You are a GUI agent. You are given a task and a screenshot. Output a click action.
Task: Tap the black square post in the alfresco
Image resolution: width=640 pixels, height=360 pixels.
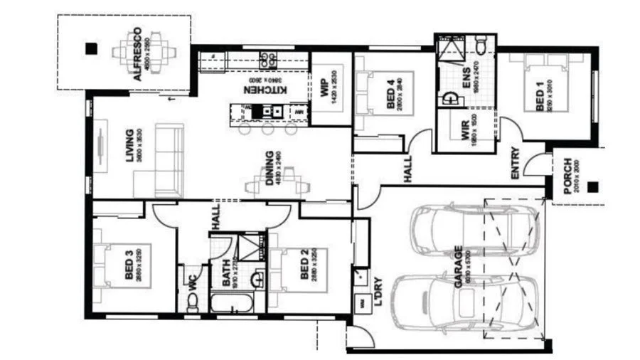click(90, 48)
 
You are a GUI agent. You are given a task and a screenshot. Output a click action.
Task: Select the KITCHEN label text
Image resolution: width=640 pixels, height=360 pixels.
click(265, 90)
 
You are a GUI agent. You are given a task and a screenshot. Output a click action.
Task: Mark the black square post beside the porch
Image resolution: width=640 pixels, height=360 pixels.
click(593, 188)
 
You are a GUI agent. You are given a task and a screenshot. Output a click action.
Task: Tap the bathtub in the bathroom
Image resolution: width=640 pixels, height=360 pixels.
click(231, 304)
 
